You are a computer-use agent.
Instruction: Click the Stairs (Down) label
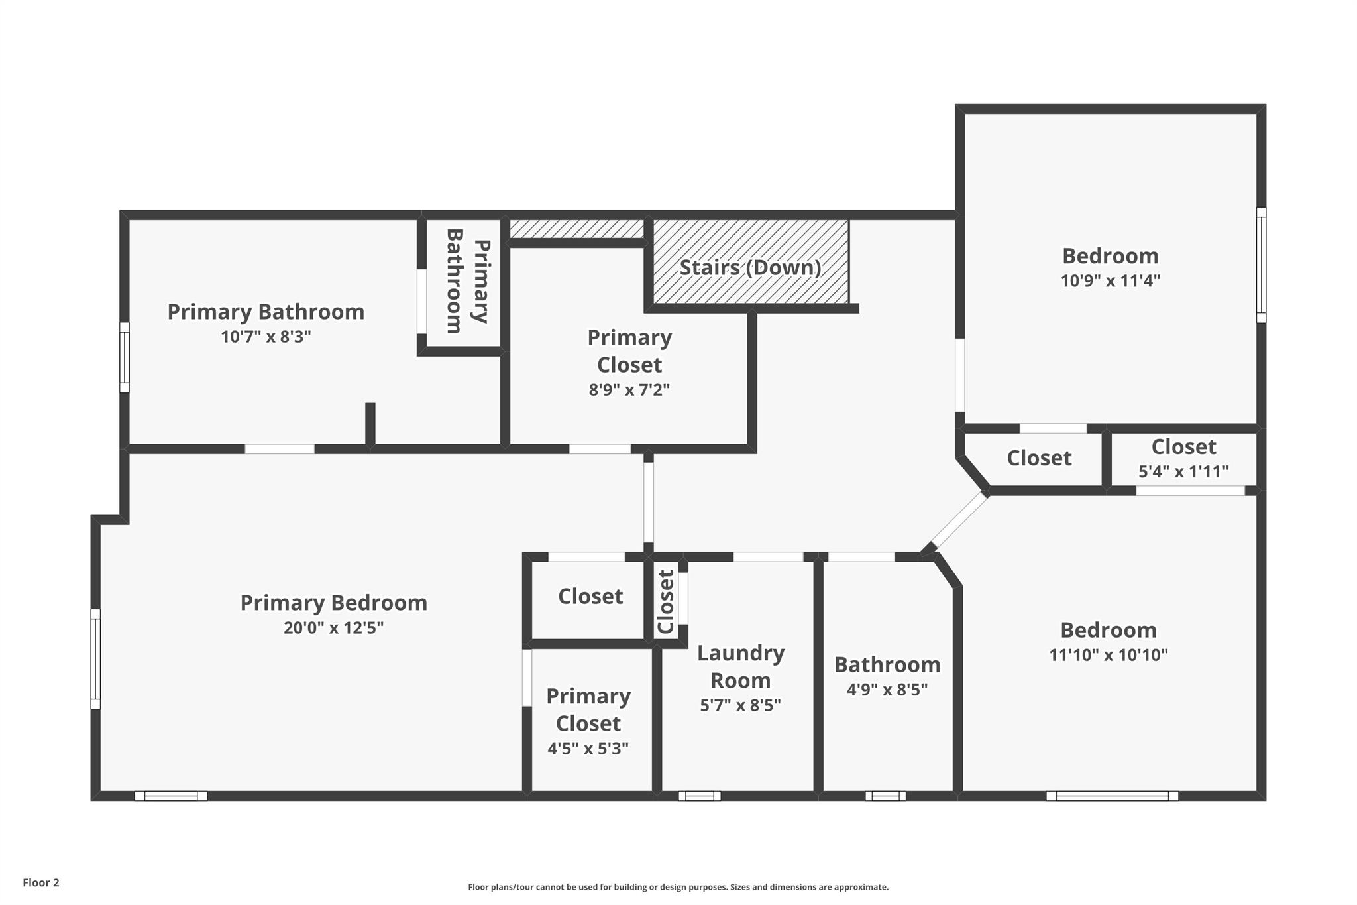[x=750, y=268]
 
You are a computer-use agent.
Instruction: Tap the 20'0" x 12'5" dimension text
[x=334, y=627]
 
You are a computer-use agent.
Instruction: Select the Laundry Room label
[x=741, y=666]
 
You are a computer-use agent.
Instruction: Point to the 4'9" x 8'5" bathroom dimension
[x=887, y=690]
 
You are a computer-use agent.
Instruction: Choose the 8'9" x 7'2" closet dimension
[x=629, y=389]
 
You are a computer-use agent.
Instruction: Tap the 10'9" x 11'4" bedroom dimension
[x=1111, y=280]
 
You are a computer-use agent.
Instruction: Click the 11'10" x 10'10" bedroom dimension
[x=1109, y=655]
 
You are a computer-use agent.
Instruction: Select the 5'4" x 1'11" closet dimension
[x=1183, y=471]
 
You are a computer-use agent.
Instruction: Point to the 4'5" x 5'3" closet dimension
[x=588, y=749]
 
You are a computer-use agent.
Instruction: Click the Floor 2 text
[x=41, y=882]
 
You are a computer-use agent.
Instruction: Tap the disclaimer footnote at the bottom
[x=678, y=887]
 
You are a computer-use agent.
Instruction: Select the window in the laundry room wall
[x=700, y=796]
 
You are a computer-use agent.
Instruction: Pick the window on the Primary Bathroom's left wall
[x=124, y=357]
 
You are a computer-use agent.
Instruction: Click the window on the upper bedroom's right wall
[x=1261, y=265]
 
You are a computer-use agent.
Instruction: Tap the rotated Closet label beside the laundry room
[x=665, y=601]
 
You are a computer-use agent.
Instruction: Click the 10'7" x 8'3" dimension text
[x=266, y=337]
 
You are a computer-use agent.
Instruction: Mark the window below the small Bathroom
[x=885, y=796]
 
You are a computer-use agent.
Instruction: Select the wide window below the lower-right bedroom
[x=1112, y=796]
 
